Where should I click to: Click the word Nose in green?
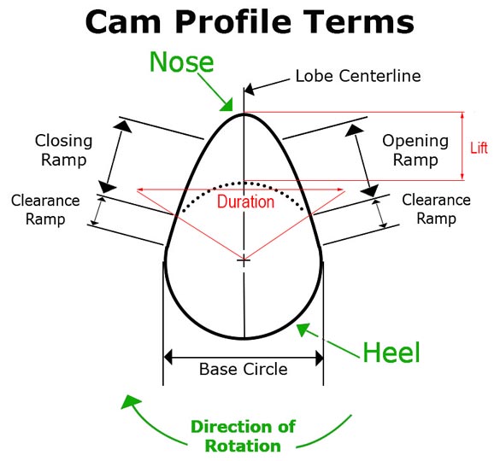181,62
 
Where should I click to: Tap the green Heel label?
391,352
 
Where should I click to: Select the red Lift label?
479,149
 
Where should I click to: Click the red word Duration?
245,201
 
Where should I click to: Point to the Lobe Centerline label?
358,76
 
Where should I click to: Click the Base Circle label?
244,370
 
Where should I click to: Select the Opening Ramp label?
415,150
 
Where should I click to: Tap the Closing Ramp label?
63,150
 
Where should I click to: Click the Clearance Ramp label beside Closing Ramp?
45,210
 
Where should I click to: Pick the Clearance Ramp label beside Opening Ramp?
436,209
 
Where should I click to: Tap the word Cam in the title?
123,22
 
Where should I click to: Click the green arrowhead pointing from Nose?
227,105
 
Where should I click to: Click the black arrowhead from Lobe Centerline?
250,89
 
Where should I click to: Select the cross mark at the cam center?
244,260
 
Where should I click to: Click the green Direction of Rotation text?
243,436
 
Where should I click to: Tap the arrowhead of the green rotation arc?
130,401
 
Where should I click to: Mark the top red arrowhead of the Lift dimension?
462,115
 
